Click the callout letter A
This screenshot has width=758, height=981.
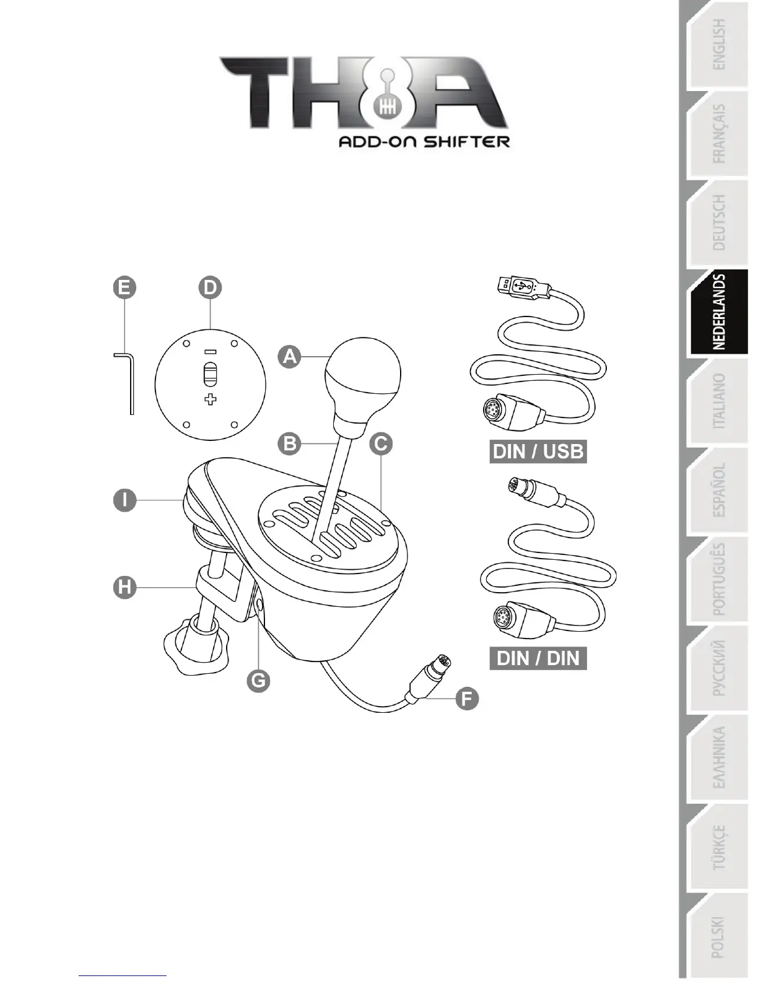coord(289,357)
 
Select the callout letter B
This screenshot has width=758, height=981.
coord(289,443)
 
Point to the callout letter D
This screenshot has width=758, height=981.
coord(211,287)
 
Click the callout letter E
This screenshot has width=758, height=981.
coord(124,287)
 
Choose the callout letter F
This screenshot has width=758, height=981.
coord(467,699)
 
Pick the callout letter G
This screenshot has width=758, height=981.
coord(258,681)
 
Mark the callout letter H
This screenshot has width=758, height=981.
coord(124,586)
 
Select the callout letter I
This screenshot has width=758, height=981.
coord(124,499)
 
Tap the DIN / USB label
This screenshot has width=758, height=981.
coord(538,451)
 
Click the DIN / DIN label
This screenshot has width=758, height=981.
coord(538,658)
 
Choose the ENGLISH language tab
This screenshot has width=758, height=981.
coord(719,45)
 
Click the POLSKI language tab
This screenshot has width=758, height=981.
coord(719,936)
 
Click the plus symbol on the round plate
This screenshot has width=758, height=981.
coord(211,399)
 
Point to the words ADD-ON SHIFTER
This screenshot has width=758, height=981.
coord(424,142)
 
